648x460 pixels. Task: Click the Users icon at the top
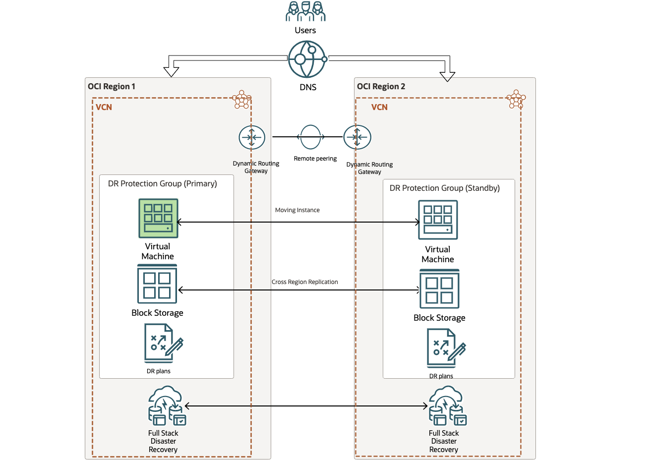(x=305, y=11)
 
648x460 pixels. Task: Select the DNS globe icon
(x=307, y=59)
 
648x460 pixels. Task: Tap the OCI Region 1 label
(x=112, y=86)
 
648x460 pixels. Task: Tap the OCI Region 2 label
(x=381, y=86)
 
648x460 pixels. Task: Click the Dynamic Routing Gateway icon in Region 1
(x=252, y=138)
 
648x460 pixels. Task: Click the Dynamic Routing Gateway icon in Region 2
(x=357, y=137)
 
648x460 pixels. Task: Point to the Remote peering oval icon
(x=310, y=137)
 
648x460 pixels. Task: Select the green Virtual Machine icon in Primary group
(x=158, y=219)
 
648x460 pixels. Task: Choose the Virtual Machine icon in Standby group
(x=438, y=220)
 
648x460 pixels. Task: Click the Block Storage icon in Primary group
(x=157, y=284)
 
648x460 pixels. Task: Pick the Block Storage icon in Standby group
(x=439, y=289)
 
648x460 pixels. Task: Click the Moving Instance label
(x=297, y=210)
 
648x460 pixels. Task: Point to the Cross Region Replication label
(x=304, y=282)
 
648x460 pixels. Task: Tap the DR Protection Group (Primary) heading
(x=162, y=183)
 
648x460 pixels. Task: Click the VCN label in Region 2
(x=379, y=107)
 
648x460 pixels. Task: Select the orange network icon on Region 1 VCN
(x=241, y=100)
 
